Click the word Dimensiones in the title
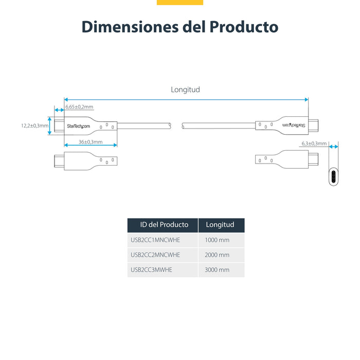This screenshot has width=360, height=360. (x=129, y=27)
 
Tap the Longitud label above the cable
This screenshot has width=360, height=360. (x=185, y=89)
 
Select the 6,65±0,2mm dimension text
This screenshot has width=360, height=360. (x=79, y=107)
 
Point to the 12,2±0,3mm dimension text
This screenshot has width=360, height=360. (x=34, y=125)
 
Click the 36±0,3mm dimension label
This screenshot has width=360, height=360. (x=91, y=142)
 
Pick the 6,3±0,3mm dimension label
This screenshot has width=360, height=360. (x=314, y=143)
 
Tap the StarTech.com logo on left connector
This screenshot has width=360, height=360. (x=78, y=126)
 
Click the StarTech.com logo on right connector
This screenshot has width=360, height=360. (x=294, y=125)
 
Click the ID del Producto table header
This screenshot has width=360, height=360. (x=163, y=225)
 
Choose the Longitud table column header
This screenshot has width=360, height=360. (x=220, y=225)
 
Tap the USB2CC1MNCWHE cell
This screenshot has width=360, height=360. (x=155, y=240)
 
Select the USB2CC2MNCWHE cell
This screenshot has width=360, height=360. (x=155, y=255)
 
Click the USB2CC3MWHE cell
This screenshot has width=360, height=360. (x=151, y=269)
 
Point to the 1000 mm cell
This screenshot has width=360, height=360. (x=217, y=240)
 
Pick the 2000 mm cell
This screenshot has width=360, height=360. (x=217, y=255)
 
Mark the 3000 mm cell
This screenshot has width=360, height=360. (x=217, y=269)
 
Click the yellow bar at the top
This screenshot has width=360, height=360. (x=179, y=2)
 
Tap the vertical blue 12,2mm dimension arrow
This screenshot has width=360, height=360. (x=50, y=125)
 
